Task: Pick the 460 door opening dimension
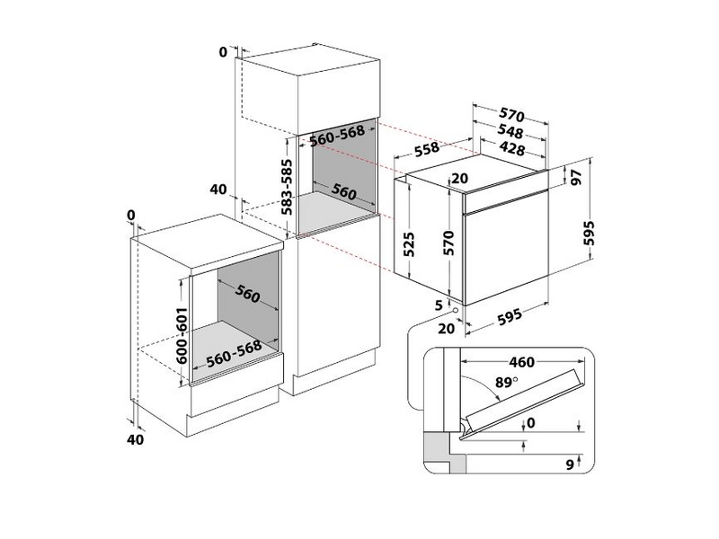[521, 363]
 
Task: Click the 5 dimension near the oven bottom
[439, 305]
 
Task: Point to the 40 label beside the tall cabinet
[217, 190]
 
